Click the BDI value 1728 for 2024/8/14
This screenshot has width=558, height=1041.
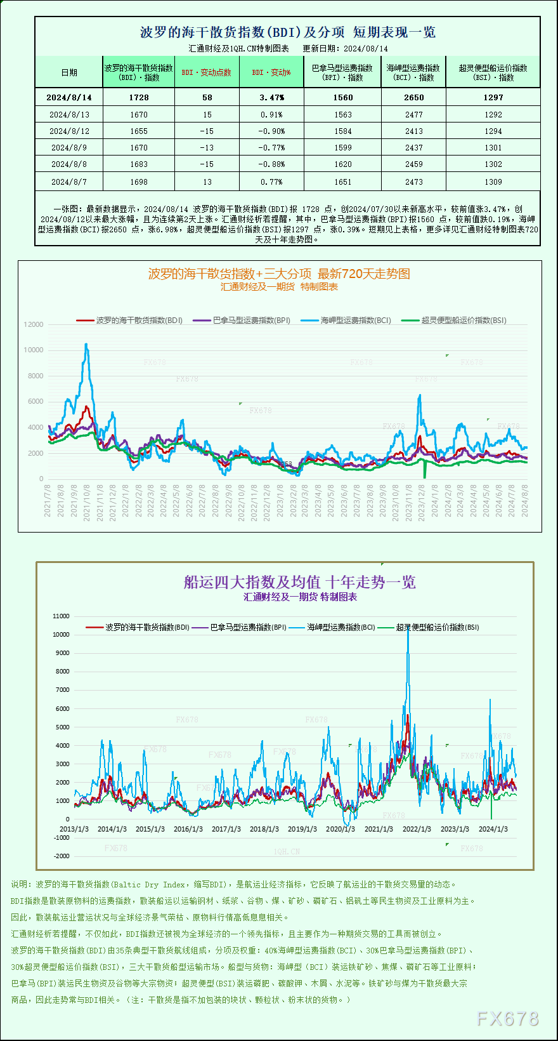click(138, 97)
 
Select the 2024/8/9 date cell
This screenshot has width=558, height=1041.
click(69, 147)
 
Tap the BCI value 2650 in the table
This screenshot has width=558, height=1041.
click(413, 97)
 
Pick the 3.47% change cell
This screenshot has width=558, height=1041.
click(271, 97)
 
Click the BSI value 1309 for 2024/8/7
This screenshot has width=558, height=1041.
click(493, 182)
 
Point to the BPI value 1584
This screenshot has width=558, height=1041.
click(342, 131)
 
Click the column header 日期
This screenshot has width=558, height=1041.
click(69, 72)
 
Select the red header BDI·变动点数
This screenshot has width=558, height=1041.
click(207, 72)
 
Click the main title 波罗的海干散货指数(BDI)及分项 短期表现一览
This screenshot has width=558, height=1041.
click(287, 32)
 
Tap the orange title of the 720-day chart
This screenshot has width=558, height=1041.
click(279, 274)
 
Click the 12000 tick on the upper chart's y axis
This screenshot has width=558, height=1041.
click(34, 324)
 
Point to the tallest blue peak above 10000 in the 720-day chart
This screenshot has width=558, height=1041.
click(86, 345)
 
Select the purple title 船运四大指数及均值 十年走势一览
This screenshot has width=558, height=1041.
click(299, 582)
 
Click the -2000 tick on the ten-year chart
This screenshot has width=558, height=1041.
click(62, 856)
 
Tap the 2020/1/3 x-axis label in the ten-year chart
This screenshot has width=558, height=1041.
click(340, 829)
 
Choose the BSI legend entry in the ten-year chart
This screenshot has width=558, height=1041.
click(438, 627)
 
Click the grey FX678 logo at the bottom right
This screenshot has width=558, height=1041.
click(507, 1019)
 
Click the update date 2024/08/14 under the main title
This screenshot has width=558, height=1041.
click(366, 48)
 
